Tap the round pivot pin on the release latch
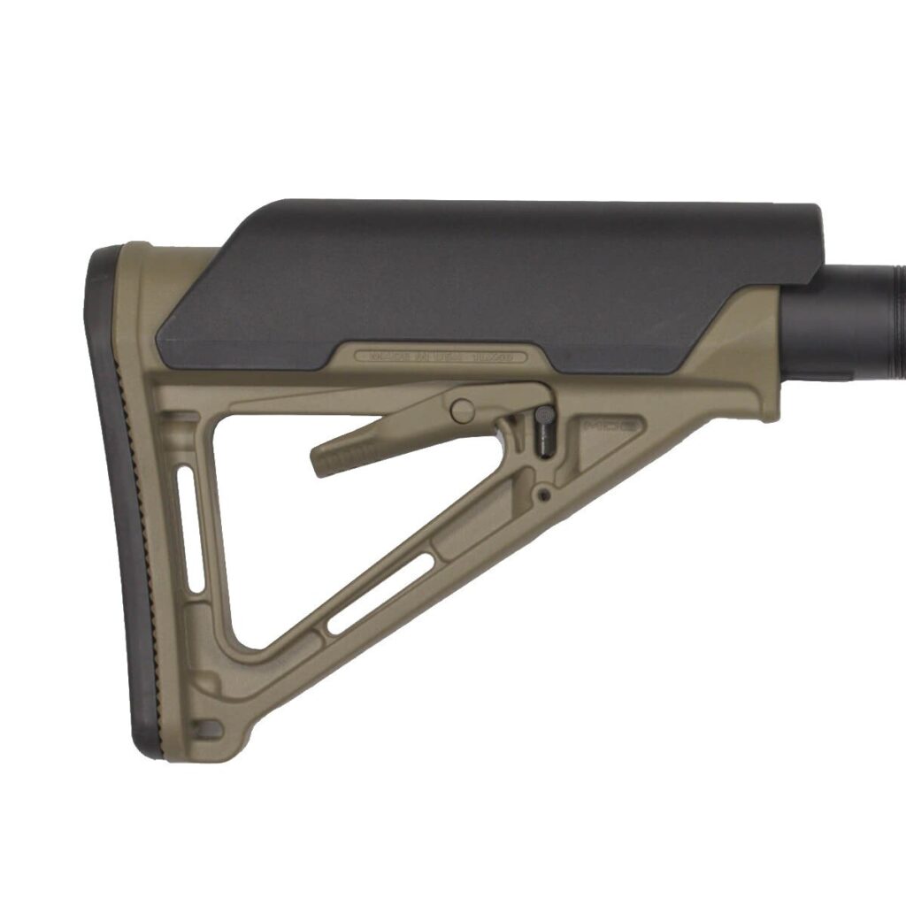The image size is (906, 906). (461, 410)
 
